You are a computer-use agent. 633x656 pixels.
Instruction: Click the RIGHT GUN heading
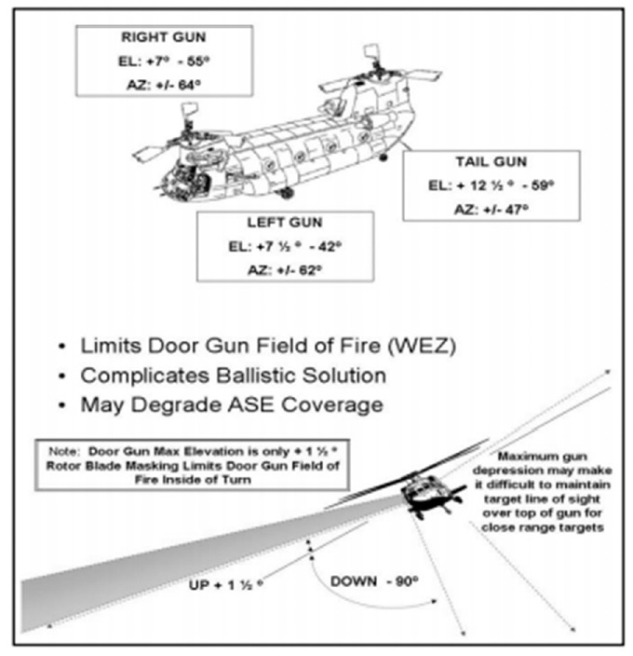166,40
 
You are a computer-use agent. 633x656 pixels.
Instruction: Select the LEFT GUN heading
286,224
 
